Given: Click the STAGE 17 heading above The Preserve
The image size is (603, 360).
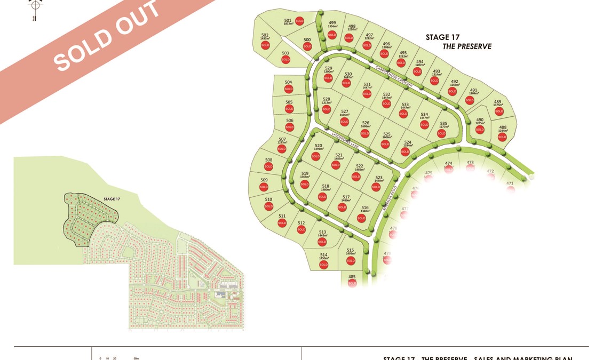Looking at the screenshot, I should coord(442,37).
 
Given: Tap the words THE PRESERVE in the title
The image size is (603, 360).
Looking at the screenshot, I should coord(467,46).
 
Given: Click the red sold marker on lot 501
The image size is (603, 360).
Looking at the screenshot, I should coord(299,21).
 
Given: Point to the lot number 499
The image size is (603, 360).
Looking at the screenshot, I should coord(332,22).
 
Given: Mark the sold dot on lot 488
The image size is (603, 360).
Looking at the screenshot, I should coord(502,137).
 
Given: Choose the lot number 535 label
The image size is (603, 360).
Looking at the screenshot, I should coord(443,124).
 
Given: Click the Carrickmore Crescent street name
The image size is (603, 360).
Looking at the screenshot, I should coord(394,77).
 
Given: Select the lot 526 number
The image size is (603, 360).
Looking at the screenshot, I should coord(366,123).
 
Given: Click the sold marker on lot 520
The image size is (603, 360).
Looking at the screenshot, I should coord(315,157).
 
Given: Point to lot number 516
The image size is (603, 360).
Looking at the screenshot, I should coord(365,208).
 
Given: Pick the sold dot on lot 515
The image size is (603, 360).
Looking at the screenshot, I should coord(351,261).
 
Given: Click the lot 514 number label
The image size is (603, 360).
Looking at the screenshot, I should coord(323,255).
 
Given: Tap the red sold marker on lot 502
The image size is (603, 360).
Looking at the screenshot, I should coord(265,45).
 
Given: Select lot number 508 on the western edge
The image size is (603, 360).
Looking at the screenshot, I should coord(268,160).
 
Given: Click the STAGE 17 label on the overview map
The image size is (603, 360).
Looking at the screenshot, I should coord(112,199).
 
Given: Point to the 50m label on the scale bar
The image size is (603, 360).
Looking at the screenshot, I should coord(136,358).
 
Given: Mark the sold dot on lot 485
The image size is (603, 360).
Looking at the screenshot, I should coord(352,283).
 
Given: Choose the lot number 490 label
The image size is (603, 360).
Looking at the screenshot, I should coord(480,120).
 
